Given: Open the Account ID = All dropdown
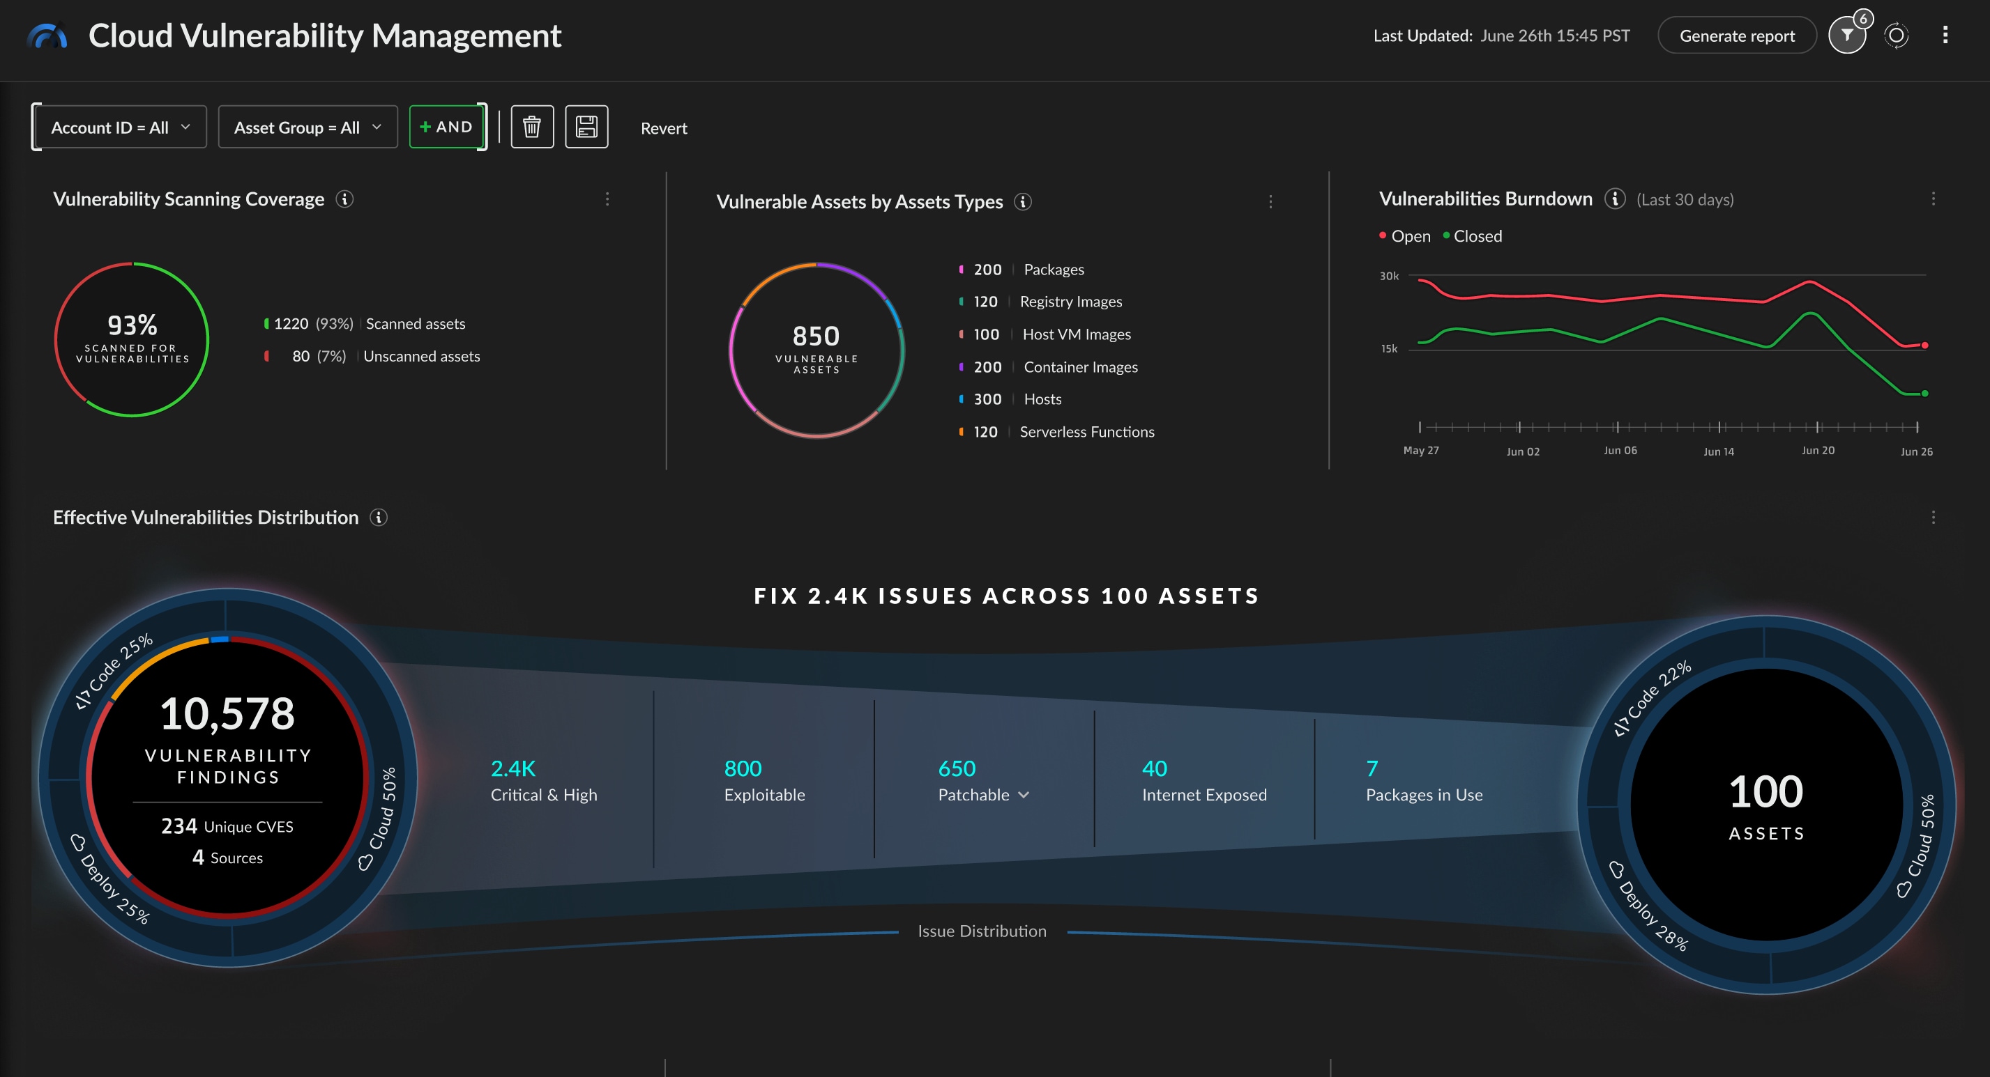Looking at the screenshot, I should click(x=119, y=127).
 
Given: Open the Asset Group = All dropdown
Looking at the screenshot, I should click(x=307, y=127).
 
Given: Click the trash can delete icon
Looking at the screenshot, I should click(x=531, y=127).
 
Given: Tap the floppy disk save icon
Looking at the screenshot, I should click(x=586, y=127).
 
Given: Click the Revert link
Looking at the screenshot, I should click(x=663, y=128).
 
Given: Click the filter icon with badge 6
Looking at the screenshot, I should click(x=1846, y=36).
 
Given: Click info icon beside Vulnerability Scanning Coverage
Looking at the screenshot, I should click(x=344, y=199).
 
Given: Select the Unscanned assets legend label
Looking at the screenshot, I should click(x=421, y=356).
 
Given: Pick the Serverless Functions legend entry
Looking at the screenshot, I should click(x=1086, y=432).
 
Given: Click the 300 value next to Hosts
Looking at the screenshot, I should click(x=987, y=399).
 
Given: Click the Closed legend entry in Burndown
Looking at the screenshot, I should click(x=1476, y=236).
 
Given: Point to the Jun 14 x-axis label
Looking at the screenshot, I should click(x=1718, y=451).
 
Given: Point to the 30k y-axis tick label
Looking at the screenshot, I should click(x=1388, y=276).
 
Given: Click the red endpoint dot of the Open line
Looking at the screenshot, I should click(x=1924, y=345).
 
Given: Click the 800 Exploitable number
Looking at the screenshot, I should click(x=743, y=768).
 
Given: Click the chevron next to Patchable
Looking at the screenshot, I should click(x=1024, y=794).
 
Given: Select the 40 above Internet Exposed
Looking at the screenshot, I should click(x=1154, y=768).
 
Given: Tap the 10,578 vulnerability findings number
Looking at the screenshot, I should click(x=227, y=713).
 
